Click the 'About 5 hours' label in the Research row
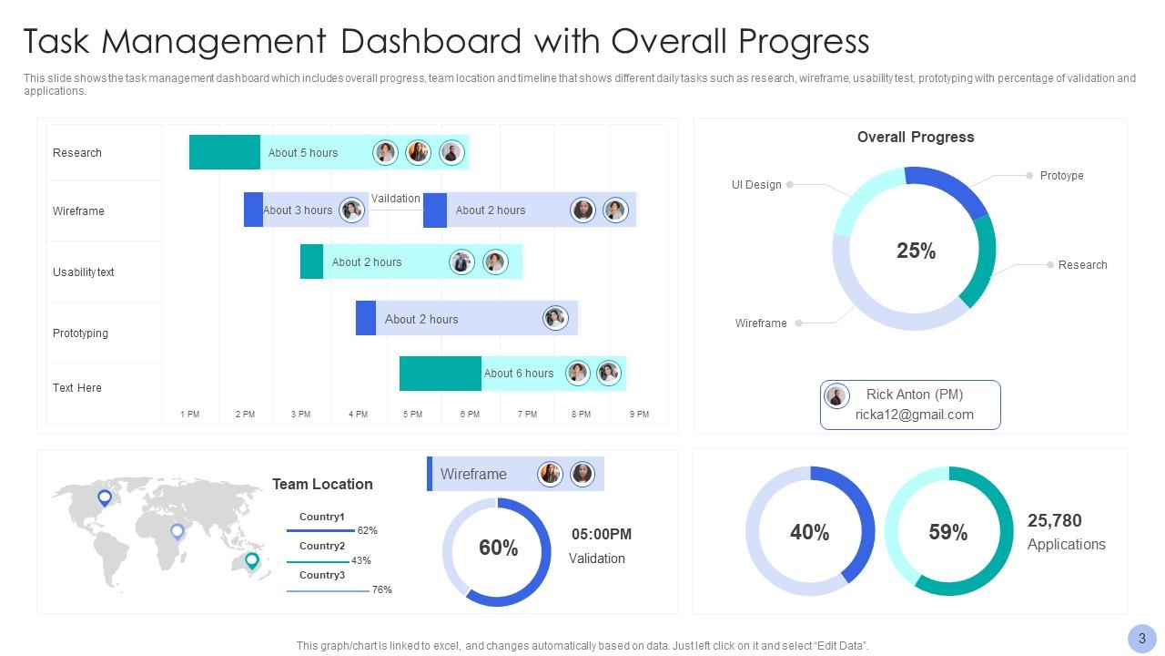[x=302, y=153]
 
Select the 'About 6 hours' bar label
[x=518, y=374]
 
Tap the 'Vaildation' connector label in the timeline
[x=396, y=199]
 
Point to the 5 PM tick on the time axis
[x=413, y=415]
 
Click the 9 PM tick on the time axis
[x=640, y=415]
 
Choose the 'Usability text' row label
[x=83, y=272]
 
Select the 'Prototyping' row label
[x=80, y=333]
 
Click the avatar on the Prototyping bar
[x=555, y=318]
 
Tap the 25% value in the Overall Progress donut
[x=916, y=251]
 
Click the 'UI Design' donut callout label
[x=756, y=185]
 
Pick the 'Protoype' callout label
[x=1061, y=176]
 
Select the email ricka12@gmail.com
[x=914, y=415]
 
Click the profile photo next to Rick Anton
[x=836, y=395]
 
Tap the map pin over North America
[x=105, y=497]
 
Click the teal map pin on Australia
[x=252, y=560]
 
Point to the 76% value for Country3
[x=382, y=590]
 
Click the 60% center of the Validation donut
[x=498, y=548]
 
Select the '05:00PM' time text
[x=601, y=535]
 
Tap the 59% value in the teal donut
[x=947, y=533]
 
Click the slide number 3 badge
[x=1141, y=639]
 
